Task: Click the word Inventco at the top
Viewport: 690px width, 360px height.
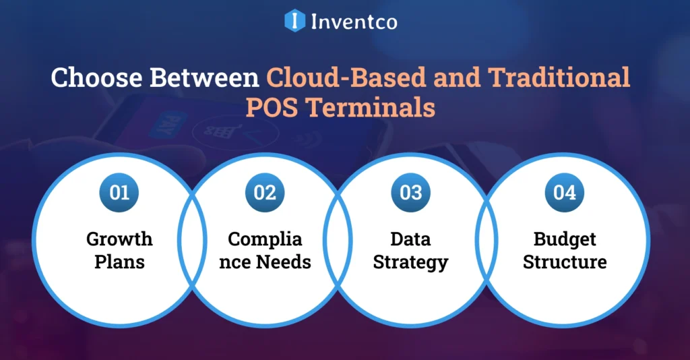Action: [354, 21]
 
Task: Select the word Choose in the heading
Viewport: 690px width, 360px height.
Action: [97, 78]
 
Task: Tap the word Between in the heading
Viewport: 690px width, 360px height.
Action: [205, 78]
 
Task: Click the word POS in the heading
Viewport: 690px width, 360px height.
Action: [273, 108]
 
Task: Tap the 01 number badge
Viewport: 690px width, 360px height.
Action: [119, 192]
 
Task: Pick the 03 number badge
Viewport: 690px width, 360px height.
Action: [410, 192]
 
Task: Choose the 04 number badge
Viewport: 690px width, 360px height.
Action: [565, 192]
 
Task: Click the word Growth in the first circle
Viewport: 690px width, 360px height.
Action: [119, 239]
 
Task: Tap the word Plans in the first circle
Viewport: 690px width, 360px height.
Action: [119, 262]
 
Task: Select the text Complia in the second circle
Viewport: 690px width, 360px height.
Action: [265, 239]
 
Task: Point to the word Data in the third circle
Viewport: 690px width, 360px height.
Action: [410, 239]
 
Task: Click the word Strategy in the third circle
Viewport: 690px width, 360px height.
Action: [410, 262]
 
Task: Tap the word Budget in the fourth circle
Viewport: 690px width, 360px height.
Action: [565, 239]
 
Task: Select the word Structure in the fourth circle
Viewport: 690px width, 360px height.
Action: [565, 262]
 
